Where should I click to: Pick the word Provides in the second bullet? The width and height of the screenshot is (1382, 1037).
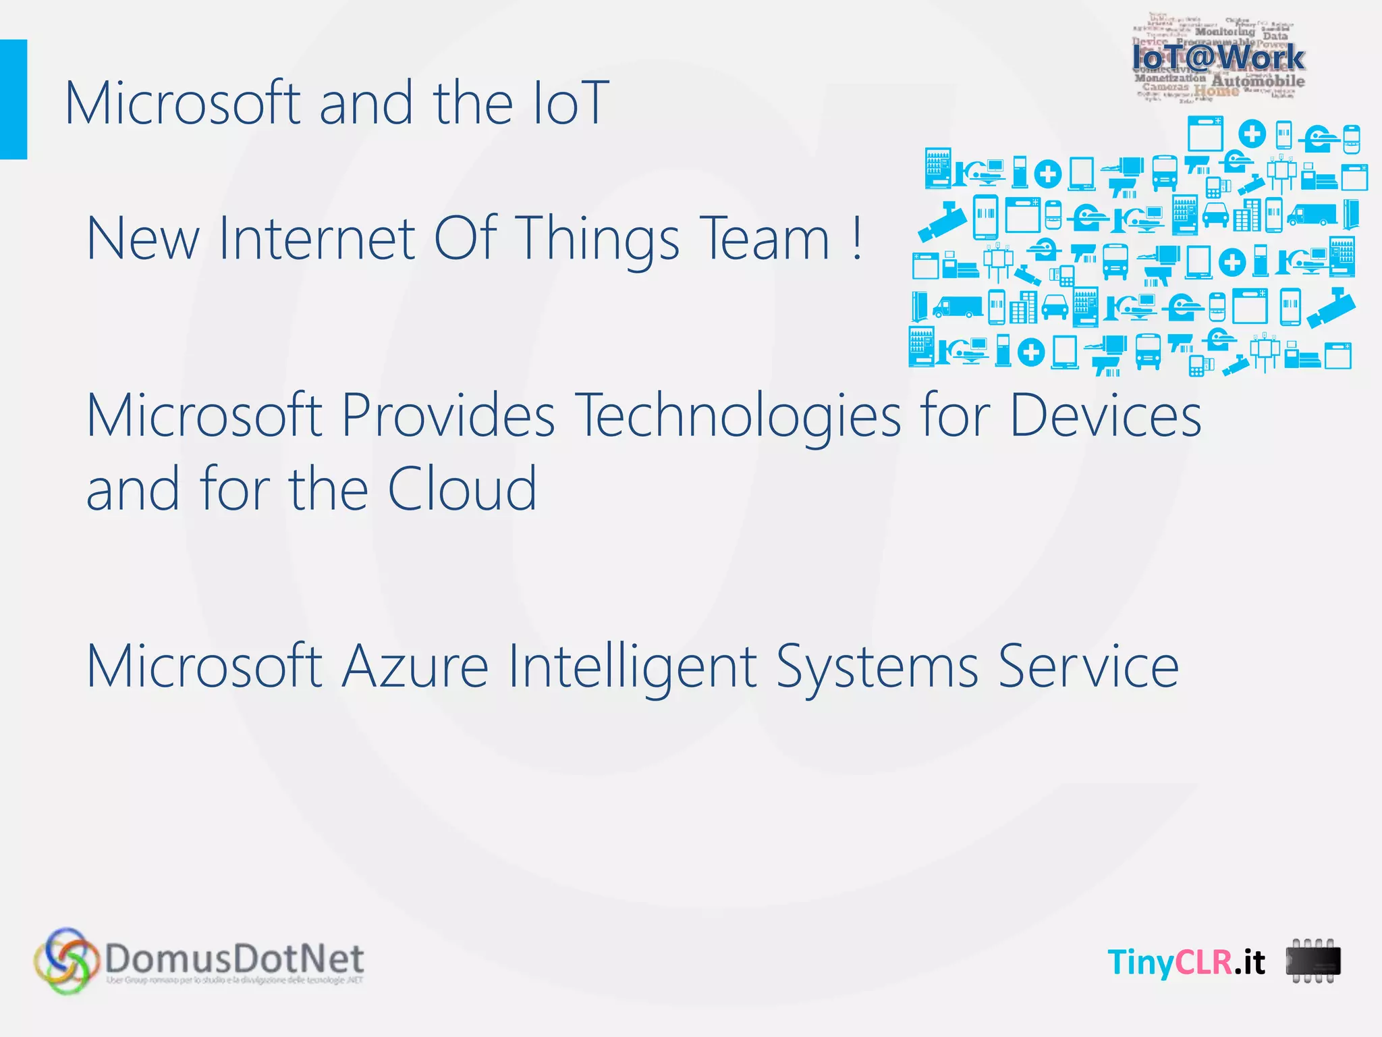[x=448, y=415]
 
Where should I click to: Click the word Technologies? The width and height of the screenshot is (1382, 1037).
[x=739, y=415]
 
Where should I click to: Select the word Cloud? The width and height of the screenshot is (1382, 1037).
[x=462, y=489]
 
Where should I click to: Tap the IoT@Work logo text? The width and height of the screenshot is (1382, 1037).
[x=1218, y=57]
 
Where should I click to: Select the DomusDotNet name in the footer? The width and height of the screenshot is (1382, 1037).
[x=234, y=957]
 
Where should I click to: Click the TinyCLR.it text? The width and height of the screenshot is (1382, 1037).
[x=1186, y=962]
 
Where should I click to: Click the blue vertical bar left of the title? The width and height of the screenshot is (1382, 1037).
[x=13, y=99]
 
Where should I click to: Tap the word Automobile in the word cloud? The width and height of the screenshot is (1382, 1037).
[x=1258, y=82]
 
